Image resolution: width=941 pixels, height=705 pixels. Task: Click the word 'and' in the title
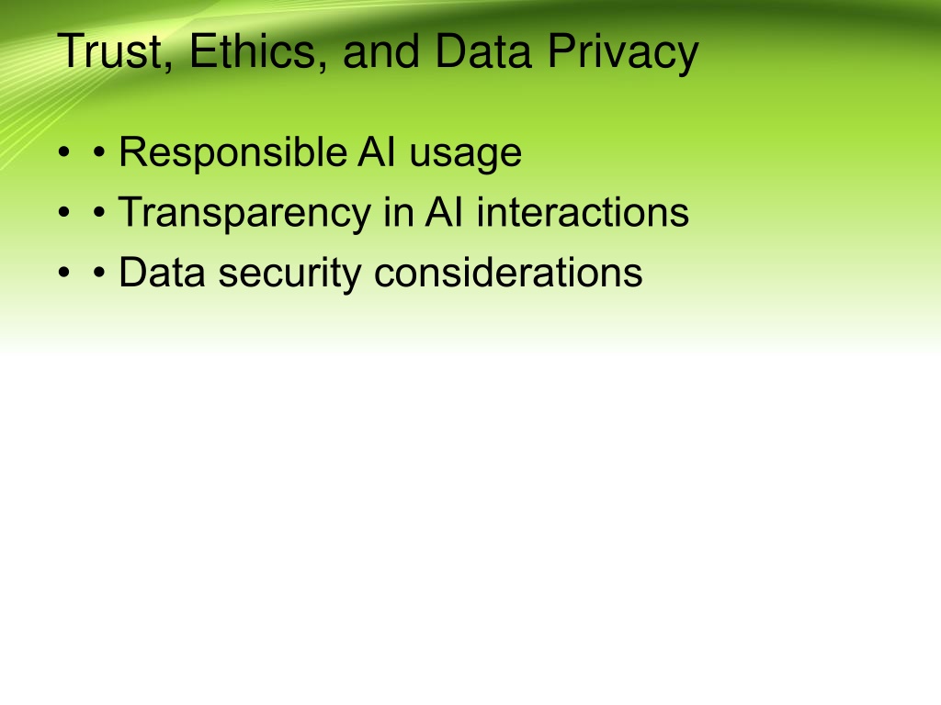tap(380, 51)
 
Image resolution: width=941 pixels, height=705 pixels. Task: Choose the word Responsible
tap(232, 153)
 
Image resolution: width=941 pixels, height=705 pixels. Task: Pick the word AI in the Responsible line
tap(377, 151)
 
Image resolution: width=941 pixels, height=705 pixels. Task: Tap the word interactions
tap(583, 212)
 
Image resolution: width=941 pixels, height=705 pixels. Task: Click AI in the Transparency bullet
tap(444, 212)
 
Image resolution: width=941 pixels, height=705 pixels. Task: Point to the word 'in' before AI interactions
tap(399, 212)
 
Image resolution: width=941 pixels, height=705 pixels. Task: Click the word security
tap(289, 274)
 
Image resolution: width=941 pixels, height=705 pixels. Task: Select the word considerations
tap(508, 272)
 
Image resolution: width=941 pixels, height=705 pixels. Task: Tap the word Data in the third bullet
tap(162, 272)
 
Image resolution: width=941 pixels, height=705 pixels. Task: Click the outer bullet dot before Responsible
tap(64, 152)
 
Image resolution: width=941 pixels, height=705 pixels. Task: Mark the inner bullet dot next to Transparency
tap(99, 212)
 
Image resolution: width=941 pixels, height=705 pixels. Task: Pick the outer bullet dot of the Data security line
tap(64, 273)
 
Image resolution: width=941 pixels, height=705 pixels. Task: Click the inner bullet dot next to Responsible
tap(99, 152)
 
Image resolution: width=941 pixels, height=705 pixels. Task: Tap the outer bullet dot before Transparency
tap(64, 212)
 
